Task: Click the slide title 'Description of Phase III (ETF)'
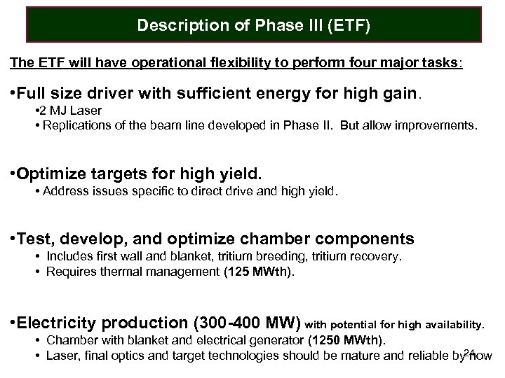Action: (253, 26)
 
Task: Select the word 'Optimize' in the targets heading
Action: (55, 173)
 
